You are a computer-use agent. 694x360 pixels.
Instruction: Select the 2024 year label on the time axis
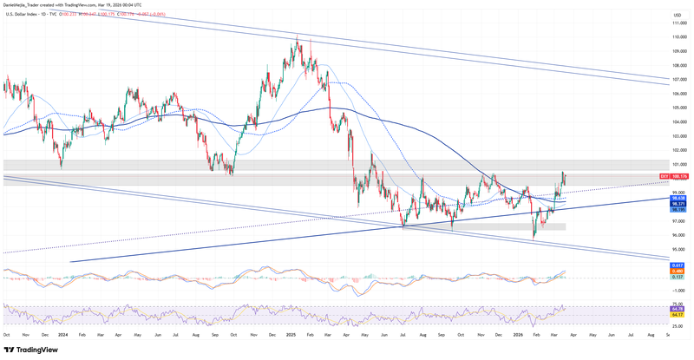coord(63,333)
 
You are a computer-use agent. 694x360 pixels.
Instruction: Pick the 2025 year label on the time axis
coord(291,333)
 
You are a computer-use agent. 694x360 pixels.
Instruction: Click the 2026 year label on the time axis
coord(518,333)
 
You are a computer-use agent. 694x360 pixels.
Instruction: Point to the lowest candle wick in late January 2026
coord(534,239)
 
